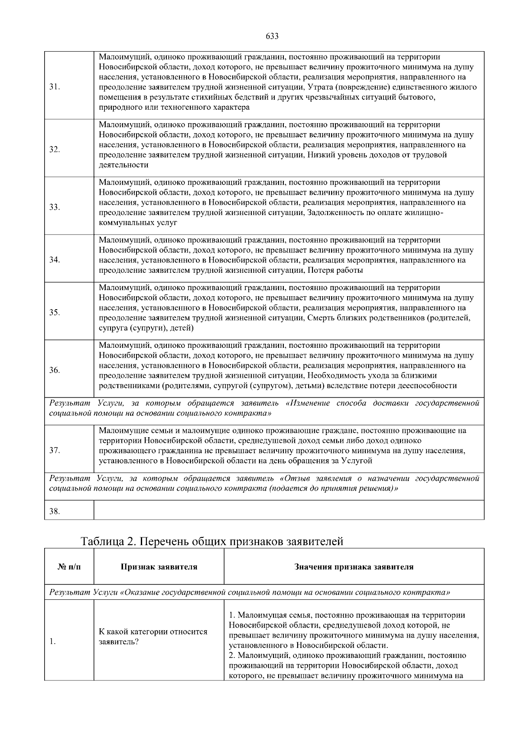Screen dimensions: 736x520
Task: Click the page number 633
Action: pos(272,36)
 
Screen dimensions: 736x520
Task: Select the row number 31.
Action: pos(54,87)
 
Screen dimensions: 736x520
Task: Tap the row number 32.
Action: pos(54,150)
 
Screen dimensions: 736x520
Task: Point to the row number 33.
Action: pos(54,207)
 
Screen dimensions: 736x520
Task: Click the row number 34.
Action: pos(54,260)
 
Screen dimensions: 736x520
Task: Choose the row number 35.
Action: pos(54,313)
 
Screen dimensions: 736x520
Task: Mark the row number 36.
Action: pos(54,370)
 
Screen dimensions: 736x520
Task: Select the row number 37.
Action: pos(54,451)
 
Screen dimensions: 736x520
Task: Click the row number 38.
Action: pos(54,511)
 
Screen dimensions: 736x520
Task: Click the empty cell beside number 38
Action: pos(289,510)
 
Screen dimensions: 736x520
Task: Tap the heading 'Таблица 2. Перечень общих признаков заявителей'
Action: pos(212,541)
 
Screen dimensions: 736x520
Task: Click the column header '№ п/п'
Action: pos(69,567)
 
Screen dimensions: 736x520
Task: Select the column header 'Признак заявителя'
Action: pos(159,567)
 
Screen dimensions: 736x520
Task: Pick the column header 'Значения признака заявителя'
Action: pos(354,567)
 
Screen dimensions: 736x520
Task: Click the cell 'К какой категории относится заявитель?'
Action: pos(153,637)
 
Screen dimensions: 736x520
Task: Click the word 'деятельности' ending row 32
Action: pos(123,165)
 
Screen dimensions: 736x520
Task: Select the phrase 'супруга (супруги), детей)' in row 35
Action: pos(146,328)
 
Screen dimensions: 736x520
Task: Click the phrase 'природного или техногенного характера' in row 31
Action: pos(174,107)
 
